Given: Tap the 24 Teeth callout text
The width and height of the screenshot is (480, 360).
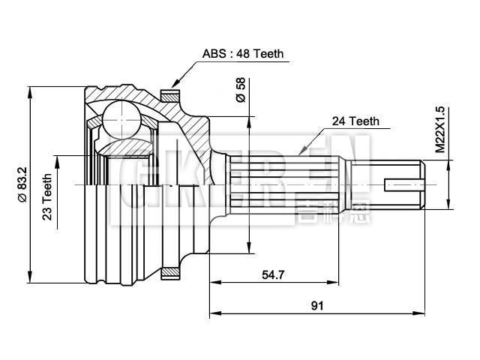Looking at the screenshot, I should click(x=355, y=120).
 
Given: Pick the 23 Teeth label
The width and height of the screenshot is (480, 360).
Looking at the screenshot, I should click(x=47, y=193).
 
